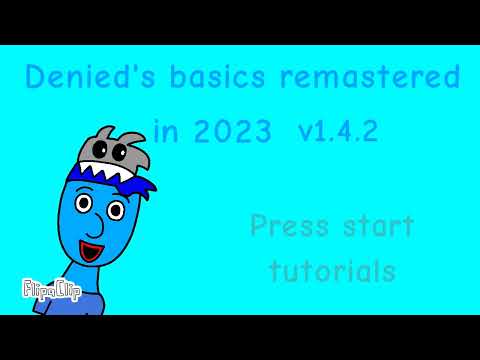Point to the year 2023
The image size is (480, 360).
tap(233, 130)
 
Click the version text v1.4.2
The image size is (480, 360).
tap(337, 130)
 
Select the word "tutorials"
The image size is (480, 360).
tap(331, 270)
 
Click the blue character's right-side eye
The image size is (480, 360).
tap(116, 211)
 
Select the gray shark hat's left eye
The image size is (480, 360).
tap(107, 153)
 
